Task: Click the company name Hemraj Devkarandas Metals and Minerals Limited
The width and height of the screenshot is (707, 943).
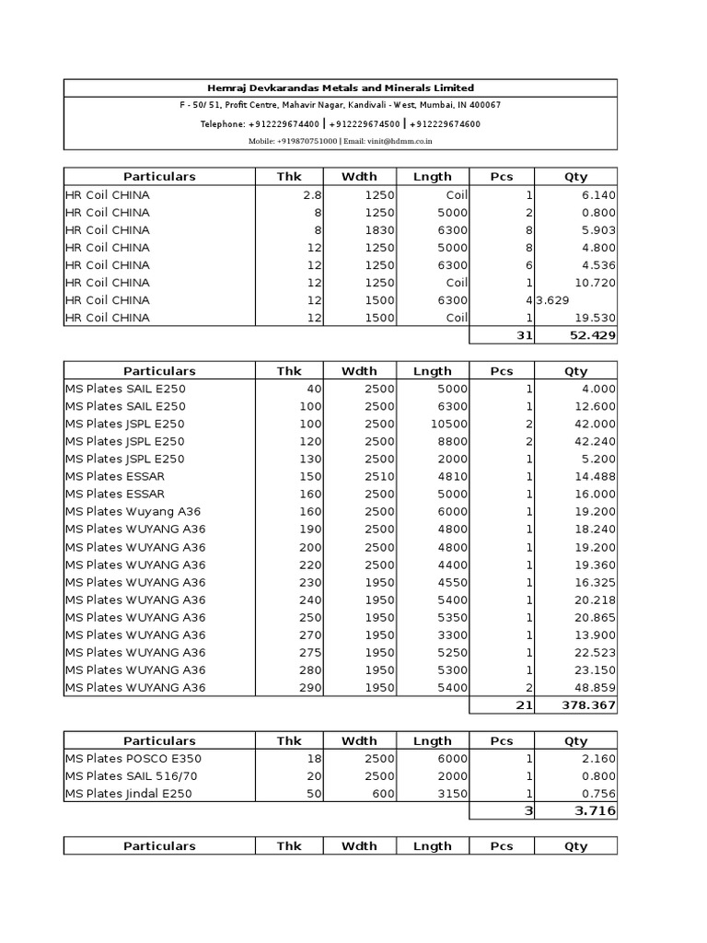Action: coord(341,87)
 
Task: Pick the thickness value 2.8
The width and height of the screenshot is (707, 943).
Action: coord(311,195)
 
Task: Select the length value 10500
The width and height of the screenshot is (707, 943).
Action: coord(449,424)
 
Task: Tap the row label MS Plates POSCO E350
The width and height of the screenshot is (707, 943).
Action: coord(133,759)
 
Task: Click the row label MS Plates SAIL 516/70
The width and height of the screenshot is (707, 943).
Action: coord(131,776)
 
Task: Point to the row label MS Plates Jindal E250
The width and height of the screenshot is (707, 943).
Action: coord(128,794)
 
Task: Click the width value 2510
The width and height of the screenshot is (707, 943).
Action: coord(379,476)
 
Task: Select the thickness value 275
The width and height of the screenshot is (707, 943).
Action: coord(308,652)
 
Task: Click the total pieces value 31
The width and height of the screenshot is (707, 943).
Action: coord(525,335)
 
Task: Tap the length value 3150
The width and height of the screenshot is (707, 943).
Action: coord(452,794)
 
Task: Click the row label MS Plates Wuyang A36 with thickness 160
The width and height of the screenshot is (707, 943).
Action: coord(133,511)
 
